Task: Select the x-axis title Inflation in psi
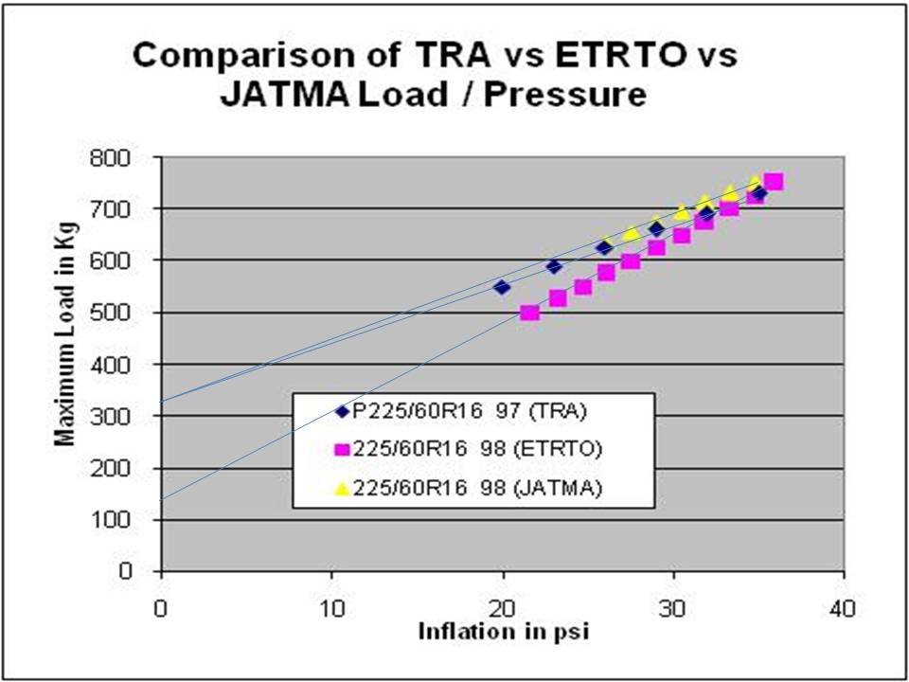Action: click(503, 631)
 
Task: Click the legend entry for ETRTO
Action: click(464, 450)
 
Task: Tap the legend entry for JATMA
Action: click(464, 488)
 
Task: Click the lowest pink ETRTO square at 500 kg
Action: click(530, 313)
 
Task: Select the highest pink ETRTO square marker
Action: click(774, 182)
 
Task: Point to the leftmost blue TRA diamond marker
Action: click(502, 286)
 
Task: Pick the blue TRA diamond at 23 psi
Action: click(554, 266)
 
